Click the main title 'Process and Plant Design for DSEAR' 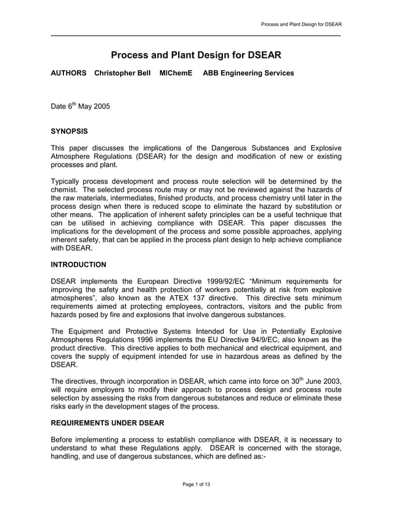point(196,55)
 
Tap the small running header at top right point(301,24)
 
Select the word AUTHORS point(68,73)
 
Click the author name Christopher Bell point(122,73)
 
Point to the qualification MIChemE point(176,73)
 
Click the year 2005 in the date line point(101,107)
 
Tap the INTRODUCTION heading point(78,265)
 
